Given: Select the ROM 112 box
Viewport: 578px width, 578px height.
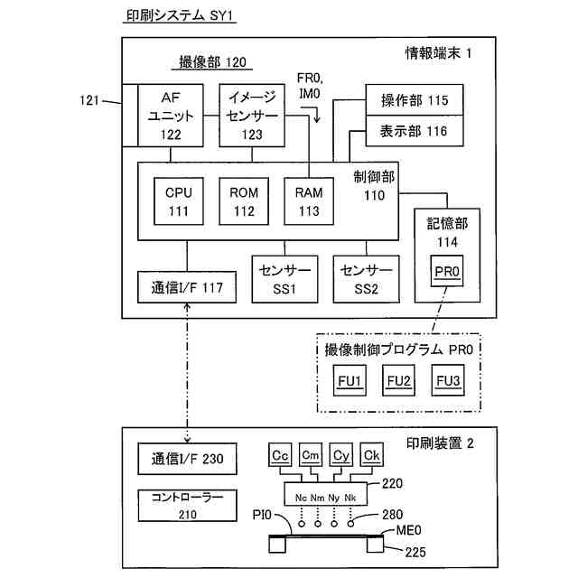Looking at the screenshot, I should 244,200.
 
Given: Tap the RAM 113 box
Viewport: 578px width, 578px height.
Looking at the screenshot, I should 309,200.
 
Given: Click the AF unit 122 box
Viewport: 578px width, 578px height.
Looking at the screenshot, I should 171,116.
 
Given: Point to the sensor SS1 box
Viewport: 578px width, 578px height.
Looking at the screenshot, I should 284,280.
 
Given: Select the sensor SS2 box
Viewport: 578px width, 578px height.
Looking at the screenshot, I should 366,280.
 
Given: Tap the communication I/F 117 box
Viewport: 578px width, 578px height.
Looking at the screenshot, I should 187,288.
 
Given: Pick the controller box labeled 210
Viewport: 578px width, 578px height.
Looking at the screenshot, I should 187,506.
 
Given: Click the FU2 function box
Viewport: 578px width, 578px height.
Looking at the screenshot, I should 398,381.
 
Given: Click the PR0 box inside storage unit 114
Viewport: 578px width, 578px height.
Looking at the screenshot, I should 448,272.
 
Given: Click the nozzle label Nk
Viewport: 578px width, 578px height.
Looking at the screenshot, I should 350,498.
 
